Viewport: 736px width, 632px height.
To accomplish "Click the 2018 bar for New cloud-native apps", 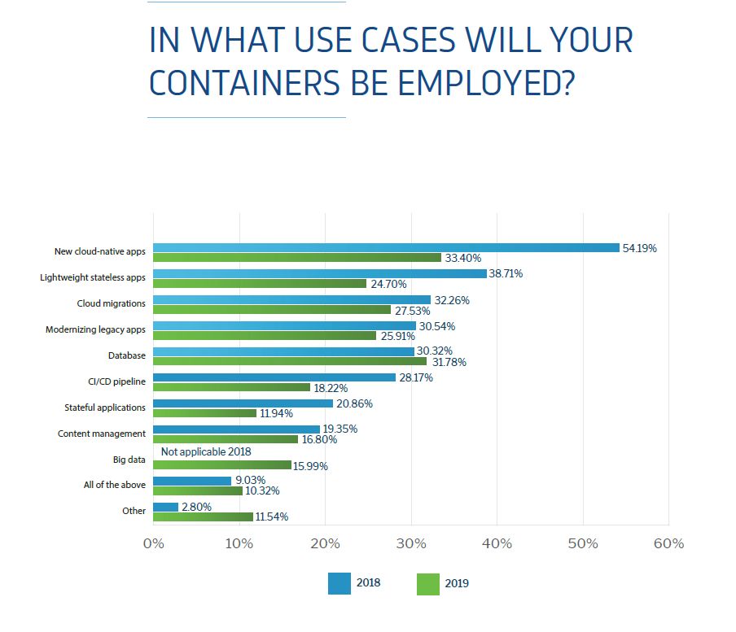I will pyautogui.click(x=386, y=248).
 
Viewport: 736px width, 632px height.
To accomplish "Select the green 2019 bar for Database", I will pyautogui.click(x=289, y=362).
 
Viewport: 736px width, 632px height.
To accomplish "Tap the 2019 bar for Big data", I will pyautogui.click(x=221, y=465).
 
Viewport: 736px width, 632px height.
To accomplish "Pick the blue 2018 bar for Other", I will pyautogui.click(x=165, y=507).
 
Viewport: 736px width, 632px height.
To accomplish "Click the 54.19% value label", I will pyautogui.click(x=639, y=248).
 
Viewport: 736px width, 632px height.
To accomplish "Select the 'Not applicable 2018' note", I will pyautogui.click(x=206, y=451).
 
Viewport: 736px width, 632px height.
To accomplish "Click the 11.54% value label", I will pyautogui.click(x=271, y=516).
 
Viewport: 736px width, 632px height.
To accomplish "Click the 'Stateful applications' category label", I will pyautogui.click(x=105, y=407).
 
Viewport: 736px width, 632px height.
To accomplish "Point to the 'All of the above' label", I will pyautogui.click(x=115, y=485).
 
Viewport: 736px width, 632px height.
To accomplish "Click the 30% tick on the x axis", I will pyautogui.click(x=411, y=543).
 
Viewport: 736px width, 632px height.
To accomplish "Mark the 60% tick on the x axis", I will pyautogui.click(x=668, y=543).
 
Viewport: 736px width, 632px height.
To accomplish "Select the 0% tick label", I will pyautogui.click(x=153, y=543).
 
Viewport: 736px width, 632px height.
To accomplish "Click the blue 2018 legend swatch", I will pyautogui.click(x=339, y=583).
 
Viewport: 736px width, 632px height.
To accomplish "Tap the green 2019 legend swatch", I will pyautogui.click(x=427, y=583).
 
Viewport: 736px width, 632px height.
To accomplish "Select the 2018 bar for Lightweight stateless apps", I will pyautogui.click(x=319, y=274).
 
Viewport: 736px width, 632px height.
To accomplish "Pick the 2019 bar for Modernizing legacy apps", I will pyautogui.click(x=265, y=336).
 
